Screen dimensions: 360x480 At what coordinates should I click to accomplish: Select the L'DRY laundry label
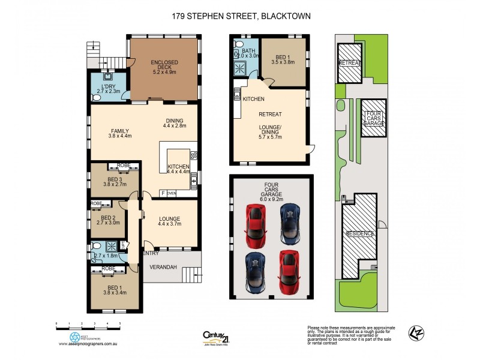109,89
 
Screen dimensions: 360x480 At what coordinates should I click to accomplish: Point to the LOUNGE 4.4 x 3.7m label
170,221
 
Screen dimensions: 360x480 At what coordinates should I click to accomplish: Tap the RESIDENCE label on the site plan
360,233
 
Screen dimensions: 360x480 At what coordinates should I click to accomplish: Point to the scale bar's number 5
120,323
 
